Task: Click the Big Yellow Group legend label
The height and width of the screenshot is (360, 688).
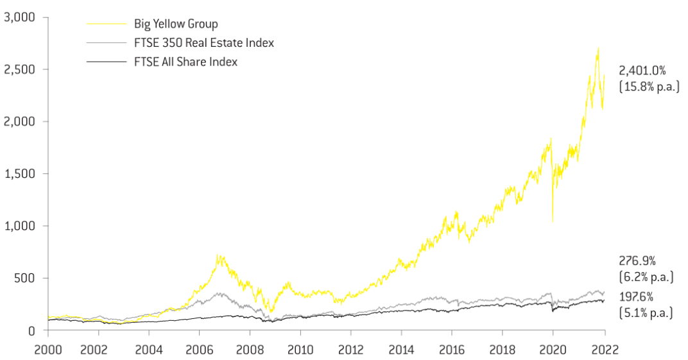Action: pyautogui.click(x=176, y=24)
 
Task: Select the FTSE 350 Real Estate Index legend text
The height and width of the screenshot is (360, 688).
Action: pyautogui.click(x=203, y=43)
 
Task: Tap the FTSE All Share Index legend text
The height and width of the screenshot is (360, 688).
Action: pyautogui.click(x=185, y=62)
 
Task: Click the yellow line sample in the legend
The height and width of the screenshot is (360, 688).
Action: pyautogui.click(x=107, y=24)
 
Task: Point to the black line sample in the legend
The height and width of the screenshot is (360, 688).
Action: pyautogui.click(x=107, y=62)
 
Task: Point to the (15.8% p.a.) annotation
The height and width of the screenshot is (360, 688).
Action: pyautogui.click(x=649, y=87)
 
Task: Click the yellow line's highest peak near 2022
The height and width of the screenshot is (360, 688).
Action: pyautogui.click(x=598, y=47)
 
